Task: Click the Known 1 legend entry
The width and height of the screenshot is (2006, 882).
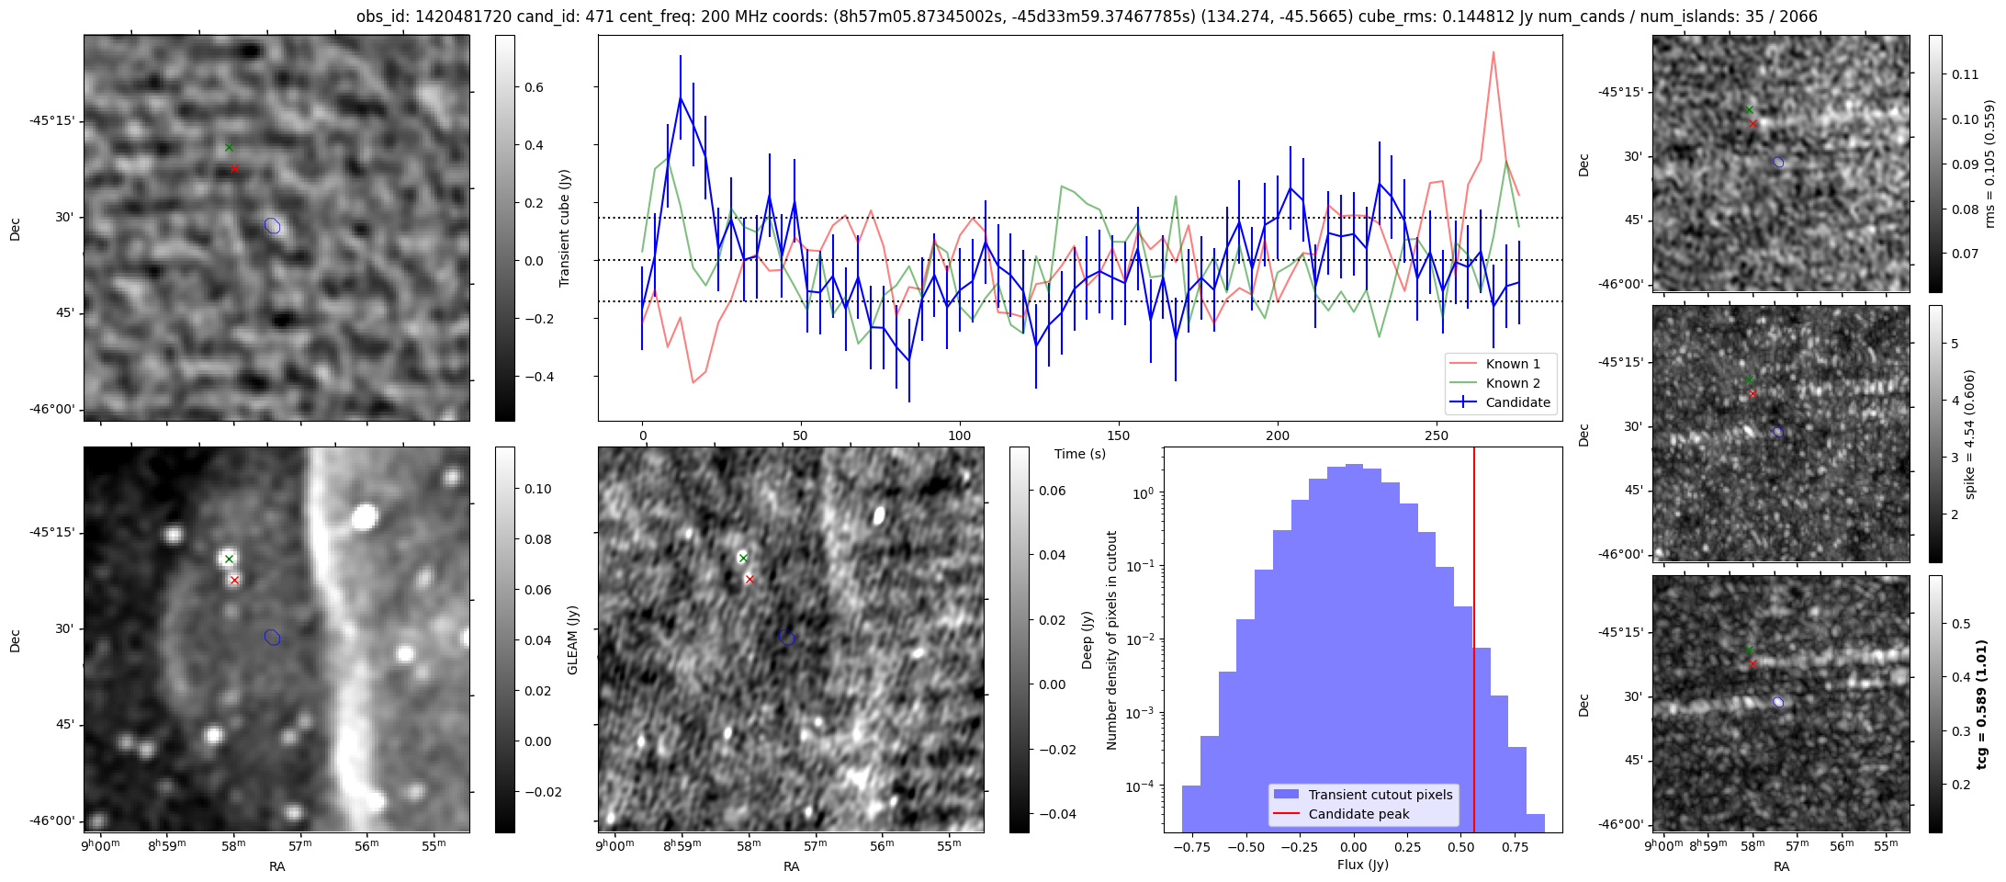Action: (1512, 364)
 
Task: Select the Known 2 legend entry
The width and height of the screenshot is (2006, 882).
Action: (1512, 383)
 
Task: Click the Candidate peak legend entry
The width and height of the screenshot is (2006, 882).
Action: (1358, 814)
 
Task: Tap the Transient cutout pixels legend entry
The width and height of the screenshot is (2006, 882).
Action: (1381, 795)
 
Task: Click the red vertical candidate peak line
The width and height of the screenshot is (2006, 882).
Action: (1474, 643)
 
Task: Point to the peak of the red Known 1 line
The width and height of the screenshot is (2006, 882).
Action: (1493, 52)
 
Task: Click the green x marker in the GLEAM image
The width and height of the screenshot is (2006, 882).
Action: (229, 559)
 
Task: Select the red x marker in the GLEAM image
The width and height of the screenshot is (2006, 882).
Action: (234, 580)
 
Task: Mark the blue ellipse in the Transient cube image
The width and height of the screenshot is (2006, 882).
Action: (273, 226)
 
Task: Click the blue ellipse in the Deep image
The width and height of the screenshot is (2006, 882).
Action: (787, 638)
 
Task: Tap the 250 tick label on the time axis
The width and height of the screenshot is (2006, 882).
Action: (1436, 435)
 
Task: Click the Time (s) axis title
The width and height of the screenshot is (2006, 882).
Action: (1080, 454)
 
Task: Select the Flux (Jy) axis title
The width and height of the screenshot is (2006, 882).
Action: (1363, 865)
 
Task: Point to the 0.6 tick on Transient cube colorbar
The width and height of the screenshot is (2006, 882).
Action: (534, 87)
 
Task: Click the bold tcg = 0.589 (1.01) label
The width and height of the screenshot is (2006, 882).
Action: (1981, 705)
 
